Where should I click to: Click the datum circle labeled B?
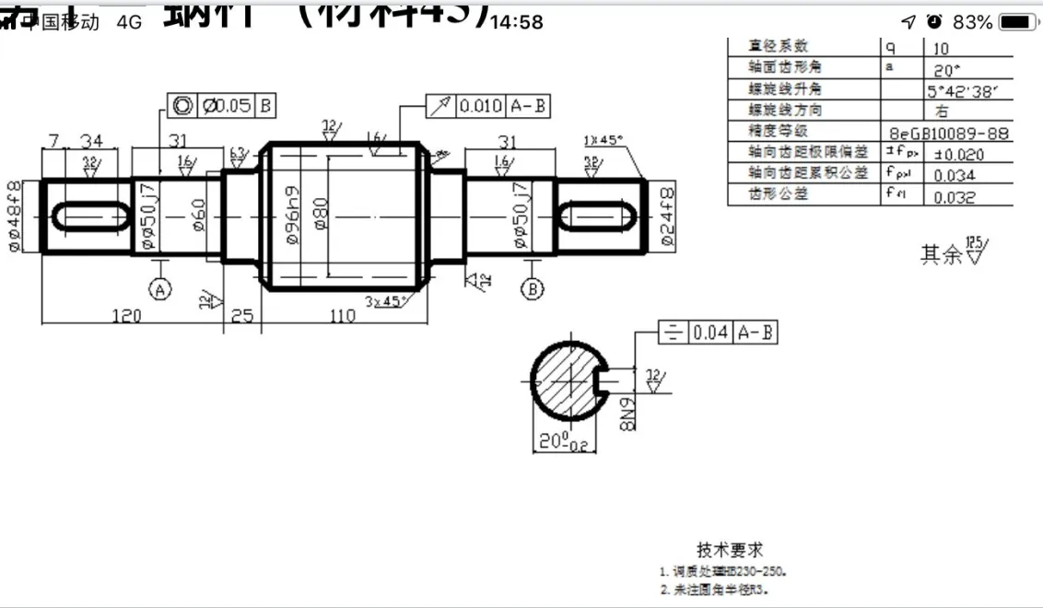533,289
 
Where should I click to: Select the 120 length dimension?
126,316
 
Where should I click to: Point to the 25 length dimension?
241,316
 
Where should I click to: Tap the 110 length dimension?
342,316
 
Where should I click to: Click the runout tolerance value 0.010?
481,106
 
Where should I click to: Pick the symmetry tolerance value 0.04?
710,333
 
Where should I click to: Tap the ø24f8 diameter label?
667,216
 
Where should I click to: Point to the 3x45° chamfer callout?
387,301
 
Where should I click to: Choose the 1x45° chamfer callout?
604,140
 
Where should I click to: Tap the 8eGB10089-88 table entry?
948,133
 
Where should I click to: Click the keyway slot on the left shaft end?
91,216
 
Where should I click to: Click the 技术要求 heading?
730,550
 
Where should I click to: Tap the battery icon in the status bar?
1018,21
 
